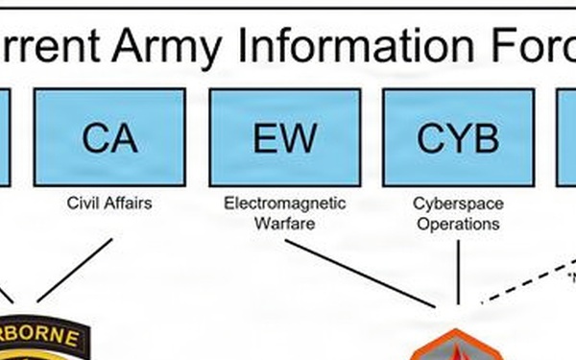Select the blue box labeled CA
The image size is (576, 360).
[109, 137]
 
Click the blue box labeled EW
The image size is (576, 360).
[284, 137]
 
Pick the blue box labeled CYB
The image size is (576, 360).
[458, 137]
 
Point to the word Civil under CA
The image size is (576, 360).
[85, 204]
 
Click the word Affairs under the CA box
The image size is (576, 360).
[130, 204]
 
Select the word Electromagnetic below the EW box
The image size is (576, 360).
[285, 204]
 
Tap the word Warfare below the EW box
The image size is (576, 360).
[285, 224]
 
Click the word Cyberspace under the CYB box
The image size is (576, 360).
[458, 204]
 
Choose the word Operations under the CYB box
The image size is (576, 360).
[458, 224]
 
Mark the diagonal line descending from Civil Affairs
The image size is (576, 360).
[75, 270]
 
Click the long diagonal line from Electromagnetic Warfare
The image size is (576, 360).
[360, 273]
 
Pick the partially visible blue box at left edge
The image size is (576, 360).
[4, 137]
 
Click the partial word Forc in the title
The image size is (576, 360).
[538, 45]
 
